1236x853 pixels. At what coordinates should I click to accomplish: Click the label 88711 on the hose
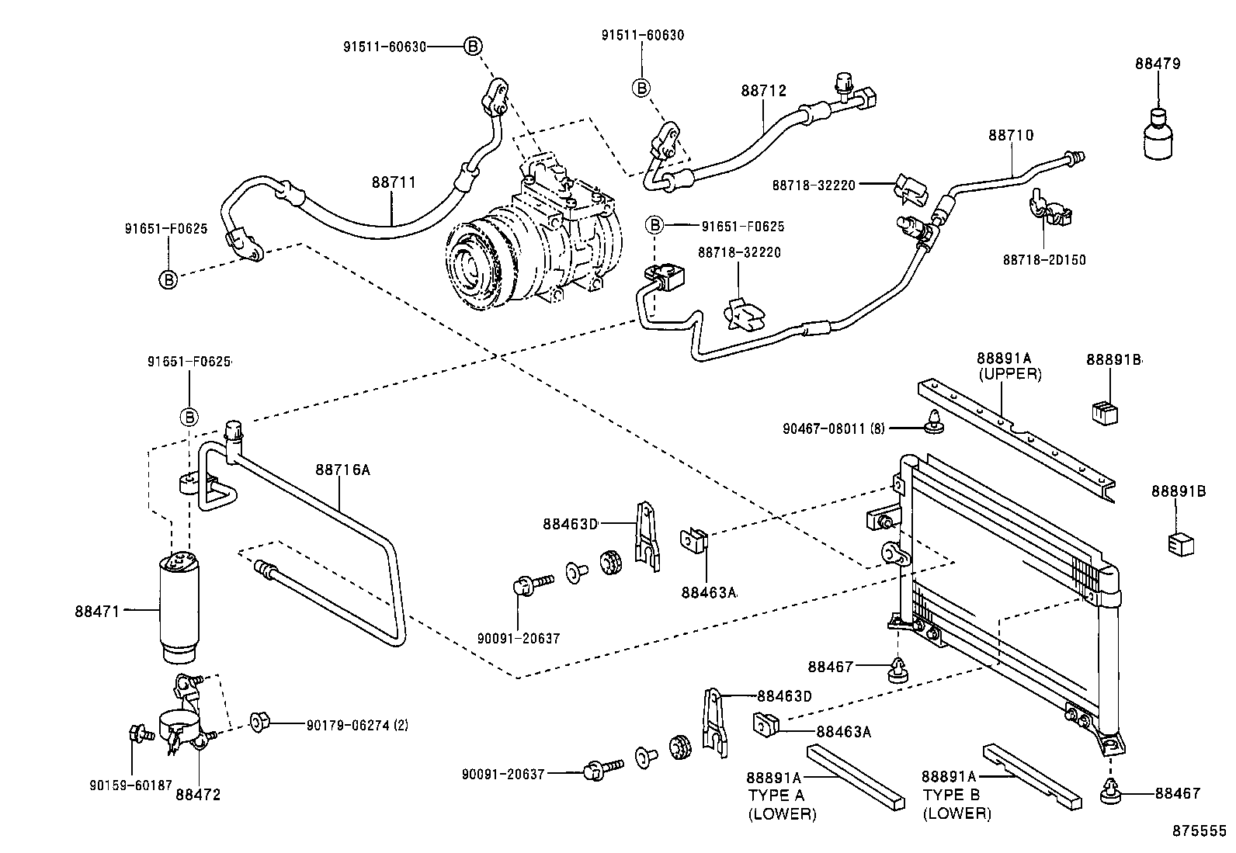[x=394, y=182]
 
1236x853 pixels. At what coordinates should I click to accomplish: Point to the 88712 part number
[x=763, y=91]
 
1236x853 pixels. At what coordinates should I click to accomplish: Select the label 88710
[x=1010, y=135]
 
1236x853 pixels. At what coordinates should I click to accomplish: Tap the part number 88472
[x=198, y=795]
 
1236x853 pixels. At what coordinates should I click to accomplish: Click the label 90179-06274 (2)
[x=357, y=726]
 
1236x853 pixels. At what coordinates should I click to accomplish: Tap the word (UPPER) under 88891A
[x=1009, y=374]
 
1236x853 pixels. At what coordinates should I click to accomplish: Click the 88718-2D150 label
[x=1044, y=260]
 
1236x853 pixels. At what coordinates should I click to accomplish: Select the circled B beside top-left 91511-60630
[x=472, y=47]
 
